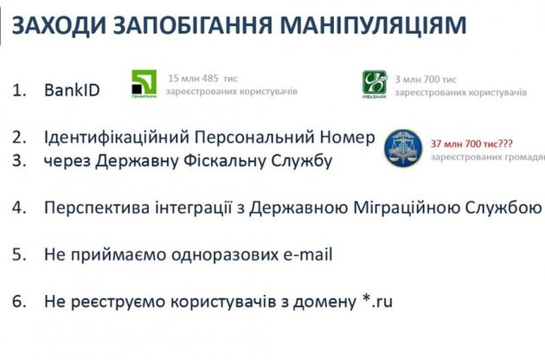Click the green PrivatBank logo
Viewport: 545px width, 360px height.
[144, 85]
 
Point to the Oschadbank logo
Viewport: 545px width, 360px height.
[374, 83]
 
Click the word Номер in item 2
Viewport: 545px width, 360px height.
[345, 138]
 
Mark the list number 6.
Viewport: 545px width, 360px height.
[20, 302]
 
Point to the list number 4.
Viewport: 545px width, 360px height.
[20, 208]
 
